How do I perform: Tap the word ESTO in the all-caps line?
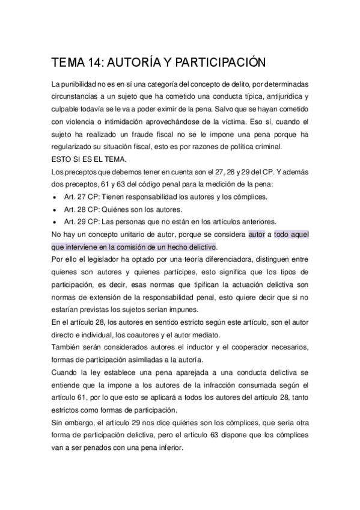[x=63, y=159]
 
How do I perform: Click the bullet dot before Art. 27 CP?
[x=55, y=197]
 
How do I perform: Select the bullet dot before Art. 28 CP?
[x=55, y=210]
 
